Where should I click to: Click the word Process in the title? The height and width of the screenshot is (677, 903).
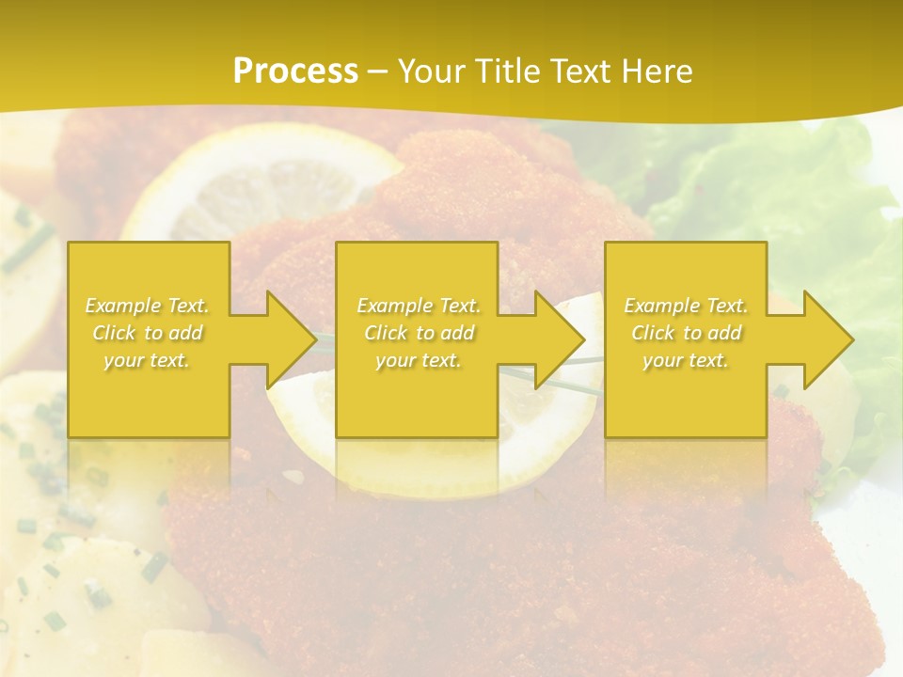point(295,71)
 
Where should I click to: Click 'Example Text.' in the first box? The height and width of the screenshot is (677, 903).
point(148,306)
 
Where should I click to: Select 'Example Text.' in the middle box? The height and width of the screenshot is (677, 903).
point(419,306)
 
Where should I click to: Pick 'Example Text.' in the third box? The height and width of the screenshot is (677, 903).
point(686,306)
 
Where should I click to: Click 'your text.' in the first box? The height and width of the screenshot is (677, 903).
point(147,360)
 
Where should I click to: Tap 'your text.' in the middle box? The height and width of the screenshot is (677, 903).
point(419,360)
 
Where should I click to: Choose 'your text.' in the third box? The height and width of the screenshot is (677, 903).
point(686,360)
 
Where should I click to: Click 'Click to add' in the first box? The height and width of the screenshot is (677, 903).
point(148,333)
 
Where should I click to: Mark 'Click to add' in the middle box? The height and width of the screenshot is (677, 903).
point(419,333)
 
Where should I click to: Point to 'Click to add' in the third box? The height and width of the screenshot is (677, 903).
point(686,333)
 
